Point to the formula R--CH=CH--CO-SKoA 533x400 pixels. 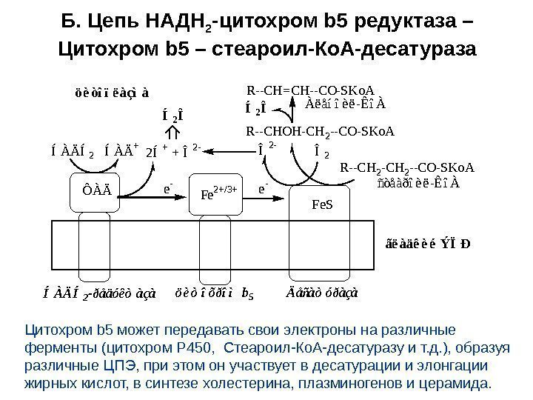[x=310, y=93]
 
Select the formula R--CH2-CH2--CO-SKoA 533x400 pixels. [x=407, y=169]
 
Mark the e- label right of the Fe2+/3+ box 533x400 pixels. [x=262, y=189]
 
